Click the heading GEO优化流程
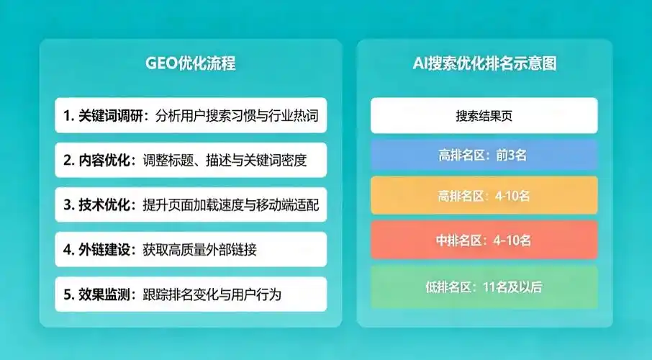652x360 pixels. tap(190, 63)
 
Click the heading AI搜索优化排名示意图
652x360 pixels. tap(484, 63)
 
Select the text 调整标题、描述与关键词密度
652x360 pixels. tap(225, 161)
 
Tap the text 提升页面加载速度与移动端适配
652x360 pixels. tap(230, 205)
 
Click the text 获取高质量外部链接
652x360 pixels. tap(200, 250)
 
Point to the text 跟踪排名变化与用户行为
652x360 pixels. tap(212, 294)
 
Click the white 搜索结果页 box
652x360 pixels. tap(484, 116)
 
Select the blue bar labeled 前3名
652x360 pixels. tap(484, 155)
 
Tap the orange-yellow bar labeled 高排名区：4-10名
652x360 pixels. tap(484, 195)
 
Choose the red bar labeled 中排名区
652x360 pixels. tap(484, 240)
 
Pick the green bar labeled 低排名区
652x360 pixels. tap(484, 287)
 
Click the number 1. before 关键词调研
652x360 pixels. tap(68, 116)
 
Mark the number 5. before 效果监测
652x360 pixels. tap(68, 294)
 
